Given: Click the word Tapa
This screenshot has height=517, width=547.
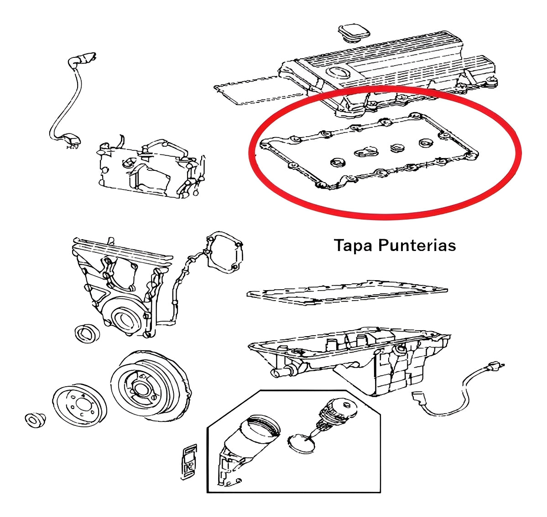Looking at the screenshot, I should (354, 246).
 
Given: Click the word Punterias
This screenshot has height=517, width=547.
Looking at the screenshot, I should (417, 246).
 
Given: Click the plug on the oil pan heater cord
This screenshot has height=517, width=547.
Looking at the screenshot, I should (494, 366).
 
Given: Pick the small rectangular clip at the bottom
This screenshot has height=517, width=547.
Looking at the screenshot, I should (189, 461).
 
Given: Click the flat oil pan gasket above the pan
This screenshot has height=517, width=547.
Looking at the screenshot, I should (347, 292).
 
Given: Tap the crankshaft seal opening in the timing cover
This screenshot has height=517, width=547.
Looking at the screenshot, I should (124, 319).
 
